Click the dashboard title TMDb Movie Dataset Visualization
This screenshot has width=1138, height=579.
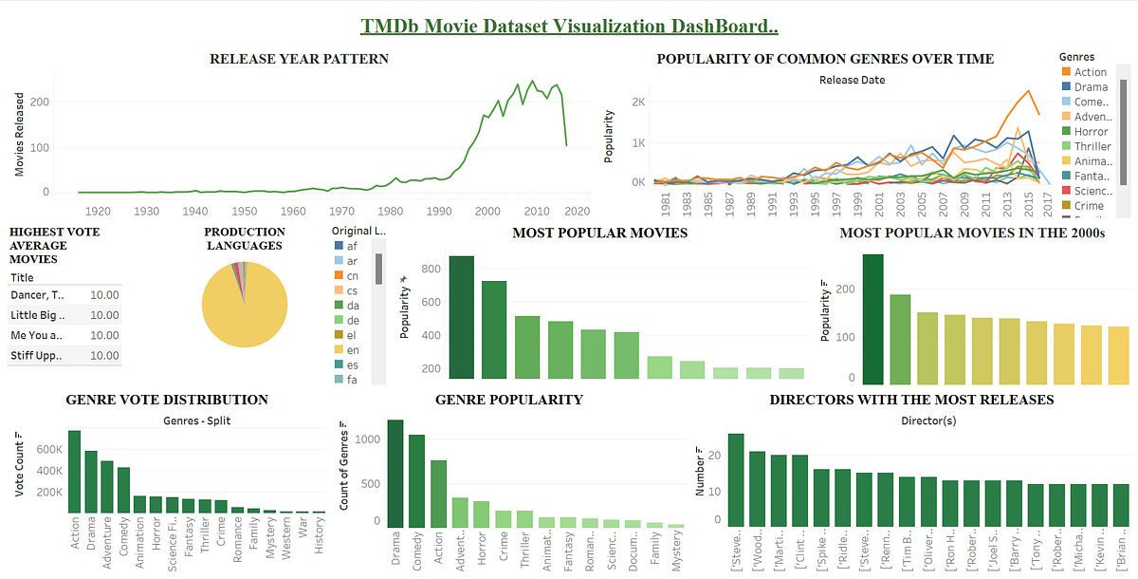[569, 26]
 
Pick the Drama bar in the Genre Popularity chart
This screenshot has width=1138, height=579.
[395, 474]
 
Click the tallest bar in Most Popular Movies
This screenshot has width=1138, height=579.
[462, 317]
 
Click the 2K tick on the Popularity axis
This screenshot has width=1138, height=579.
[638, 103]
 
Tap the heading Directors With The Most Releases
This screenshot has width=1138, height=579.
[911, 400]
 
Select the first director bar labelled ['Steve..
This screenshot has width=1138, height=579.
[736, 479]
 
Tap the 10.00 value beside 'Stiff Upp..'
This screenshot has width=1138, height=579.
[103, 356]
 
